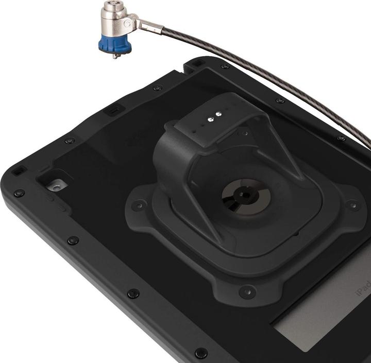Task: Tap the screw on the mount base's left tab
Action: pos(138,205)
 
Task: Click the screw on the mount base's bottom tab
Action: pos(247,291)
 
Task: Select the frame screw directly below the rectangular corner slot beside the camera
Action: pos(19,193)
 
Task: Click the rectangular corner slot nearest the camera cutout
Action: pos(20,170)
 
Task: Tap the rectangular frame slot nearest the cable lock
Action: pos(197,63)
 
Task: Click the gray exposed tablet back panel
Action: pos(319,330)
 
